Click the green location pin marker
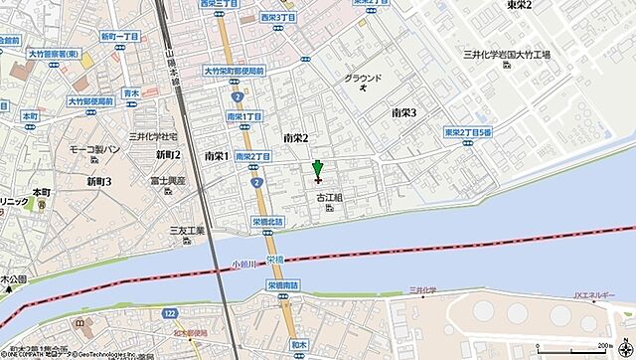[317, 170]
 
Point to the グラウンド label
[362, 78]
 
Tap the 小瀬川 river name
[242, 264]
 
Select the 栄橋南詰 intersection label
[282, 283]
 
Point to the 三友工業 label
[187, 231]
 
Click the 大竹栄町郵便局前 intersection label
[233, 72]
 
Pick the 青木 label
[130, 92]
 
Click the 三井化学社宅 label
[153, 134]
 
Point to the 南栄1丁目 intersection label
[244, 116]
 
